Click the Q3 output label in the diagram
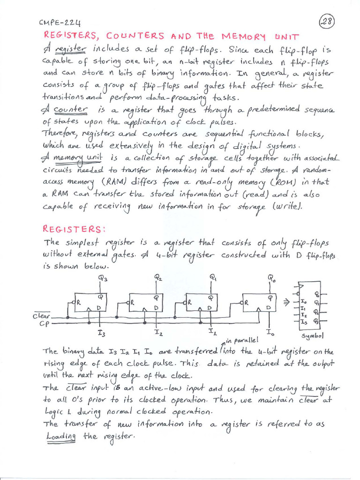103,278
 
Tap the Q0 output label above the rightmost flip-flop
271,278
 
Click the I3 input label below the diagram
101,333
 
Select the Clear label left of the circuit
41,316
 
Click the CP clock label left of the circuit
44,323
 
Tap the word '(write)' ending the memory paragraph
300,206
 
